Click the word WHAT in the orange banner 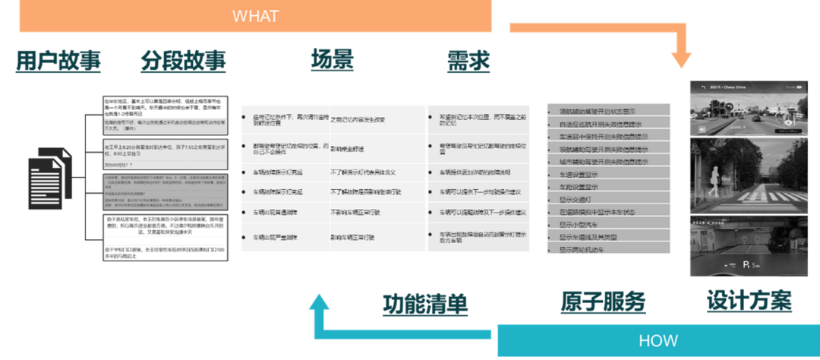click(x=255, y=16)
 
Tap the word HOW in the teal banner click(x=658, y=340)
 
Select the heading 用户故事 click(x=58, y=62)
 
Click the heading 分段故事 click(x=183, y=62)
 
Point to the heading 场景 click(x=332, y=62)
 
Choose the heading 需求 click(x=468, y=62)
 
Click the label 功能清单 click(x=425, y=303)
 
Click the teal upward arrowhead click(x=320, y=305)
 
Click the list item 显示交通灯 click(x=580, y=199)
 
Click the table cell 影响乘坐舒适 click(x=348, y=149)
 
